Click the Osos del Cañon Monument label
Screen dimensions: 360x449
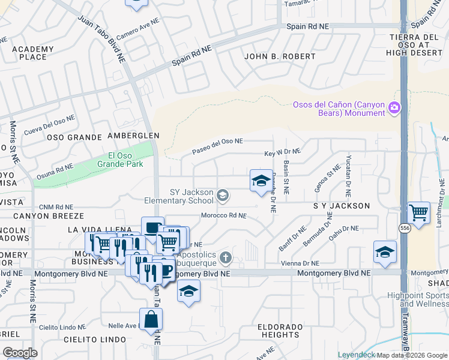[x=339, y=109]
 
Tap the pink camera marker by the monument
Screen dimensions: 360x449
[x=395, y=108]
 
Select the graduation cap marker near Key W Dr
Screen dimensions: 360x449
[x=261, y=181]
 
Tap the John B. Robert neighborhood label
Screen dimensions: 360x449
[x=280, y=56]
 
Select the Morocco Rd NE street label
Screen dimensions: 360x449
[x=223, y=215]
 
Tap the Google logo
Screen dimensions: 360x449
[x=20, y=353]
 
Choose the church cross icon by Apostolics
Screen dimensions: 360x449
[x=225, y=258]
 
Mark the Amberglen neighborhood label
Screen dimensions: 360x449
[x=133, y=136]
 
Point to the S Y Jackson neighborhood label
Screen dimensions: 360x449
[x=342, y=206]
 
